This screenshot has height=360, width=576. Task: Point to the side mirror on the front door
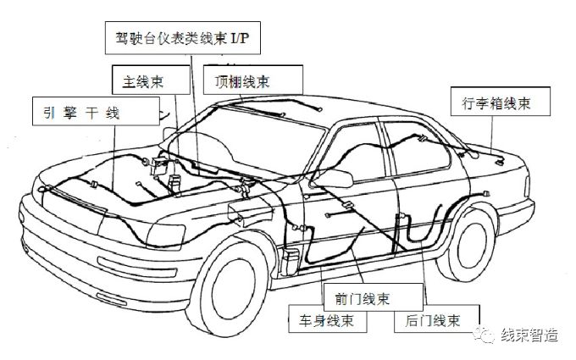tap(339, 178)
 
